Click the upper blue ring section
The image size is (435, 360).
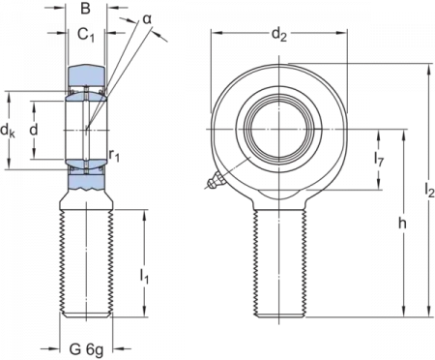[86, 75]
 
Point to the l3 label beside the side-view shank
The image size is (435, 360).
[147, 279]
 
